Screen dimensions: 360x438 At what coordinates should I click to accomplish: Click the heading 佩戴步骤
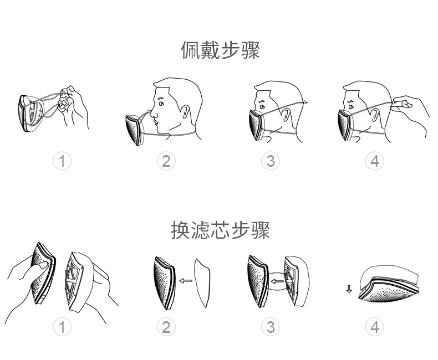220,50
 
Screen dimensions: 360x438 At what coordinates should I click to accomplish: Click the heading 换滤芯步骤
220,230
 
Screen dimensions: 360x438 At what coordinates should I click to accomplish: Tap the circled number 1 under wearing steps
62,161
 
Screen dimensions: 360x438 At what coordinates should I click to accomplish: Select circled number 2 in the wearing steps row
166,161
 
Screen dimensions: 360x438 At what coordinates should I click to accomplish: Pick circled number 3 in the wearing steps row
270,161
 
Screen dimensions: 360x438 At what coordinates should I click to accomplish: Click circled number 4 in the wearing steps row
375,161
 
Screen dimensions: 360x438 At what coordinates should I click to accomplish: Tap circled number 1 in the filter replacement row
62,327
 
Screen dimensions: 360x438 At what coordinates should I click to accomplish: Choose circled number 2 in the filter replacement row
166,327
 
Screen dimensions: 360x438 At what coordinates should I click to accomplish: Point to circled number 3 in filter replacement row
270,327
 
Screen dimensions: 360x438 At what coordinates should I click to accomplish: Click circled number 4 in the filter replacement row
375,327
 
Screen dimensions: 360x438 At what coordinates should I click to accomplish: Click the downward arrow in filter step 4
349,289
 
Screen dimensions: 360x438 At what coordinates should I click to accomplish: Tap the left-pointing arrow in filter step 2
185,280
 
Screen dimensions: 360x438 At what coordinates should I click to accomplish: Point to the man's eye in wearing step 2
161,104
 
